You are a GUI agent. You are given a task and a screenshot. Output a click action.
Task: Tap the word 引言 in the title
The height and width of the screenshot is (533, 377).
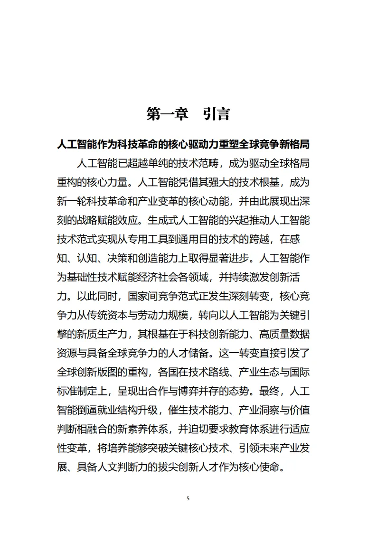217,114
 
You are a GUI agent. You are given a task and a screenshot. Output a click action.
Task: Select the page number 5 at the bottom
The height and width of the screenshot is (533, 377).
188,498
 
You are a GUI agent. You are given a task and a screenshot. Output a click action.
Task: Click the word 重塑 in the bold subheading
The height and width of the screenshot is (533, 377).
228,144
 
